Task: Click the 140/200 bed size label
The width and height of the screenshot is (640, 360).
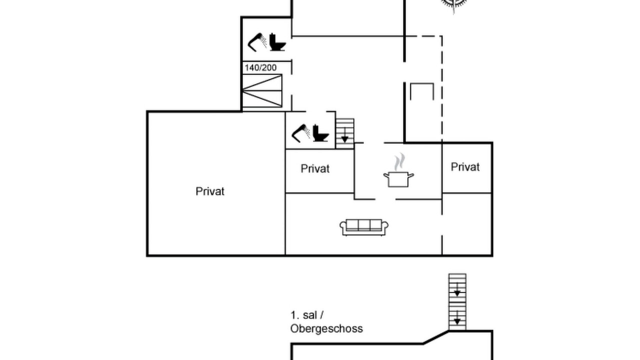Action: tap(260, 67)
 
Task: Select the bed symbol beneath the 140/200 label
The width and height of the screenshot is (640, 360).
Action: tap(262, 90)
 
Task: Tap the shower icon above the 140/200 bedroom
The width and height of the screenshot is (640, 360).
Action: tap(257, 42)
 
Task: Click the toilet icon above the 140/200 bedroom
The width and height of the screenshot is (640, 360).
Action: tap(277, 42)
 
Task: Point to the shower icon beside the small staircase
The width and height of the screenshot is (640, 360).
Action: tap(301, 133)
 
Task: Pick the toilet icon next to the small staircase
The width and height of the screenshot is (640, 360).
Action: tap(320, 133)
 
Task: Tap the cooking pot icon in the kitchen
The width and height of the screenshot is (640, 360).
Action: tap(398, 179)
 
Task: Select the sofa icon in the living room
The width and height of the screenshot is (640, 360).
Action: tap(364, 227)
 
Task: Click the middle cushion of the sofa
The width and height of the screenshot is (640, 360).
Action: tap(364, 225)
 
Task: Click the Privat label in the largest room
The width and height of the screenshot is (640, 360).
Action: tap(210, 191)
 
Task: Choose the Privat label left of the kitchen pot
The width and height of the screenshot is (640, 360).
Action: tap(315, 168)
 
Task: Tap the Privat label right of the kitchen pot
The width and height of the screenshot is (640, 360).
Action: tap(465, 167)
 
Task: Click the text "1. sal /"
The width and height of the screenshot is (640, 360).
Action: tap(307, 315)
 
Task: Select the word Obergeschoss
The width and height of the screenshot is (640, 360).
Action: tap(326, 328)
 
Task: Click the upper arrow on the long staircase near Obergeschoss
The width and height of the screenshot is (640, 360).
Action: tap(457, 289)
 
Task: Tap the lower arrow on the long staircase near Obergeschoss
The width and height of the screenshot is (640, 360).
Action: tap(457, 317)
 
